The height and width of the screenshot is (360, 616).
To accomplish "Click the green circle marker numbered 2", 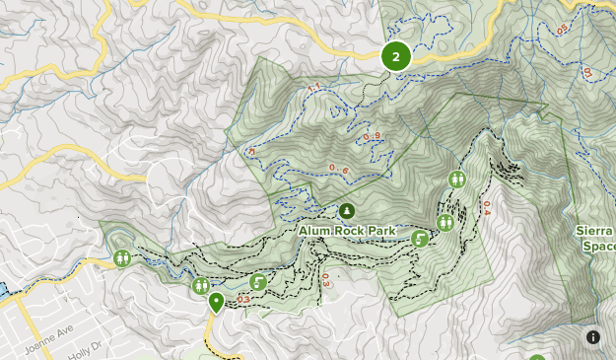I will point(395,56).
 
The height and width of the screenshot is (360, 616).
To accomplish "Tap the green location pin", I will point(216,302).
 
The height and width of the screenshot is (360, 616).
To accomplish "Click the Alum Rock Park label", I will point(348,231).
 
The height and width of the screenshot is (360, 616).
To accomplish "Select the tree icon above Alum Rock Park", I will point(347,211).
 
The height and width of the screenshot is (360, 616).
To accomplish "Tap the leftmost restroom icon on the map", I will point(122,258).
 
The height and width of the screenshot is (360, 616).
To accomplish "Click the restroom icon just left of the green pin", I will point(201,286).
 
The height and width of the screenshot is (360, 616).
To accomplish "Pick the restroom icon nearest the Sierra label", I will point(457,179).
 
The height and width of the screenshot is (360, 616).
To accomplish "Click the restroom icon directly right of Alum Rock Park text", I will point(445,223).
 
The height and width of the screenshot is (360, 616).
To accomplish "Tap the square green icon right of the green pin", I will point(258,282).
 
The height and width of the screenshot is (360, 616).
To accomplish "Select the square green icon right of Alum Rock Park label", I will point(420,238).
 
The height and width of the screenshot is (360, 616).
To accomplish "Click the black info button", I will point(593,337).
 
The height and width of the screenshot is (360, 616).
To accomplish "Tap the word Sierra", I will point(595,231).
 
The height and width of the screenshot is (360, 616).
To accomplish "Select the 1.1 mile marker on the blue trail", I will point(314,91).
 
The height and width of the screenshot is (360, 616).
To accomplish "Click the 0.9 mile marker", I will point(372,136).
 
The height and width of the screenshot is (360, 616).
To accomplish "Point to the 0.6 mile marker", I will point(338,169).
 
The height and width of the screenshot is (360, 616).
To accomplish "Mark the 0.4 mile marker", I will point(486,208).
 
